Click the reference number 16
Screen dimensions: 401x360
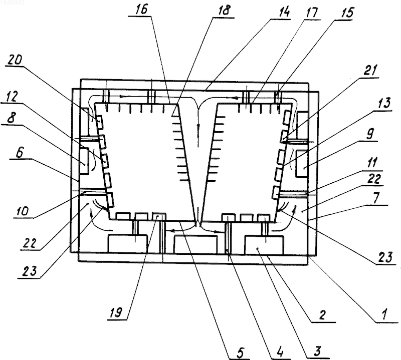(x=141, y=10)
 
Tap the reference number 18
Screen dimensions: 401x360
(x=224, y=11)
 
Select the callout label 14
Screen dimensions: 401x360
(x=283, y=12)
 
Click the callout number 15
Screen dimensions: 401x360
(x=346, y=12)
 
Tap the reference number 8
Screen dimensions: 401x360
(x=11, y=118)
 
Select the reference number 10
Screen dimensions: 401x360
(x=23, y=211)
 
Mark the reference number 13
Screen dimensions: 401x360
(x=384, y=104)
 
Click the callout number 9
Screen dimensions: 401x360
(x=370, y=134)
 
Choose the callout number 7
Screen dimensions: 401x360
(x=375, y=198)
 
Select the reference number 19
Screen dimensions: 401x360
(x=117, y=312)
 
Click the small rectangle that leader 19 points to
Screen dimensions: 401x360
(x=159, y=216)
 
